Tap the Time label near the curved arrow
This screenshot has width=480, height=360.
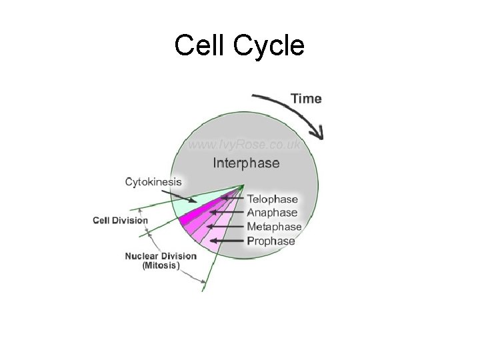[306, 99]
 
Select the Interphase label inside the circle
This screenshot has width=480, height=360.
[246, 163]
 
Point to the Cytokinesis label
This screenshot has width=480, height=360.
[153, 181]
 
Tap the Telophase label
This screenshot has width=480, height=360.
[273, 199]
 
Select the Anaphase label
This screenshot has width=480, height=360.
[272, 213]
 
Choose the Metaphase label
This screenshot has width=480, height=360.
[274, 227]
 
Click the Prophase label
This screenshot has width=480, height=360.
[271, 241]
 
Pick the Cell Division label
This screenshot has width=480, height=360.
[120, 221]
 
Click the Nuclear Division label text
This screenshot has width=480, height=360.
[161, 256]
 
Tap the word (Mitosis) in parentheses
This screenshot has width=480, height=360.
[161, 265]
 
